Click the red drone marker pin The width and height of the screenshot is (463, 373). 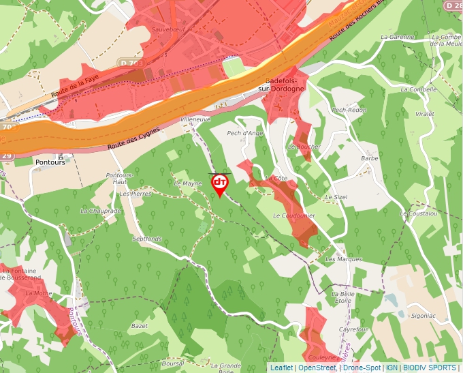[220, 184]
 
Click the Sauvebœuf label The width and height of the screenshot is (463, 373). [169, 29]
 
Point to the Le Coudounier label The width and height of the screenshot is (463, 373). [293, 215]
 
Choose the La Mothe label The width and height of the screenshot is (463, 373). [38, 293]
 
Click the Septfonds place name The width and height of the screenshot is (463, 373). [148, 239]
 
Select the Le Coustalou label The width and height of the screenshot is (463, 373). [419, 213]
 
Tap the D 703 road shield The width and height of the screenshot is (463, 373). [131, 63]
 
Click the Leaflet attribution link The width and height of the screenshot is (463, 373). [281, 368]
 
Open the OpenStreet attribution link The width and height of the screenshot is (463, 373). [317, 368]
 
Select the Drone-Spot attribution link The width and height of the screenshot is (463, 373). [361, 368]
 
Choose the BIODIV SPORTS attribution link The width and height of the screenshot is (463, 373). [430, 368]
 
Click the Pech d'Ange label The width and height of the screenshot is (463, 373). [244, 133]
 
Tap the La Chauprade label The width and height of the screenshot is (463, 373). [100, 211]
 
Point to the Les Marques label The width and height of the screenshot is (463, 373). [344, 259]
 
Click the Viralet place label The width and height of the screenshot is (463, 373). [424, 115]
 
